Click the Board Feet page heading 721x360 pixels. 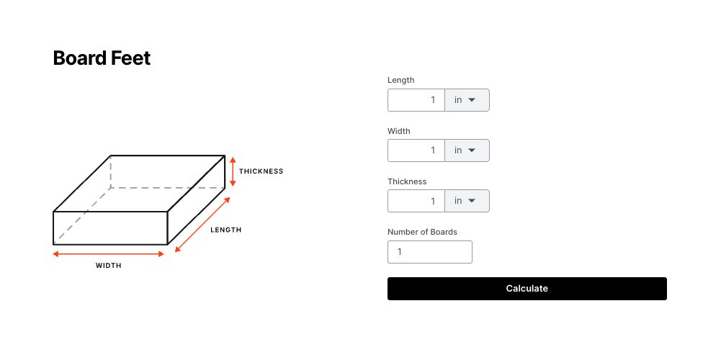(102, 58)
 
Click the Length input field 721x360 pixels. (416, 100)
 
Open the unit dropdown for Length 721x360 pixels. (467, 100)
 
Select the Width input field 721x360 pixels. (416, 150)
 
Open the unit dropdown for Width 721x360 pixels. (467, 150)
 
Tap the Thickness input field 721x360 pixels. (416, 201)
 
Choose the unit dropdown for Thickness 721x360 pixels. (467, 201)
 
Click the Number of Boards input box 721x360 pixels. (430, 252)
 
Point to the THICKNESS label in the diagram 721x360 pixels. (261, 171)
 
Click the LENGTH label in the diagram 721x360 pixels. (225, 230)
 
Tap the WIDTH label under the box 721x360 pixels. (109, 265)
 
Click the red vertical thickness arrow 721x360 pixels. (233, 171)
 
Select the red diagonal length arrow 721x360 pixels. (202, 225)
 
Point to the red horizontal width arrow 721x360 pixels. (109, 253)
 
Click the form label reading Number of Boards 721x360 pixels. (422, 232)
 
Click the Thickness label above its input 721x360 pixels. (407, 181)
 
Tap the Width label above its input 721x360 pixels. (398, 131)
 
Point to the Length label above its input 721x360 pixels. (401, 80)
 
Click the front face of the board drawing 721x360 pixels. (110, 228)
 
